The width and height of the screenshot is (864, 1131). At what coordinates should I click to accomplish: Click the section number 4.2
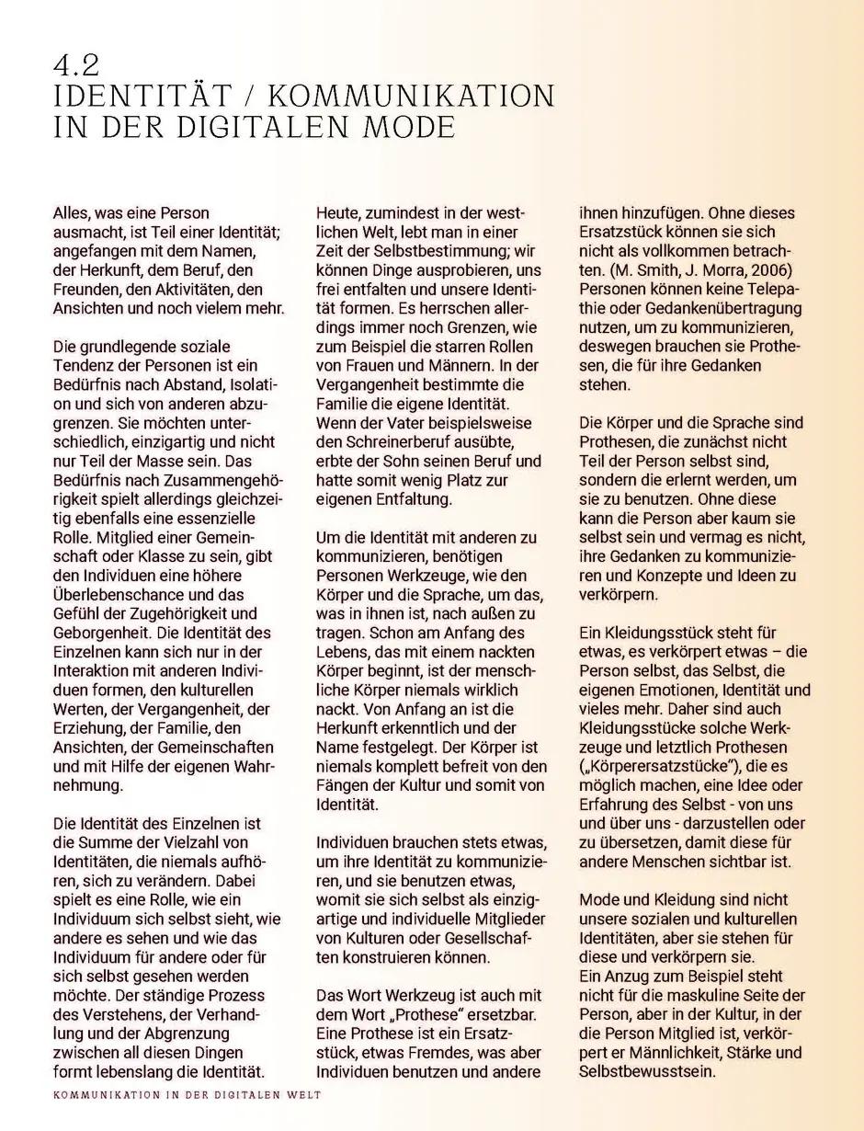(x=77, y=66)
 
